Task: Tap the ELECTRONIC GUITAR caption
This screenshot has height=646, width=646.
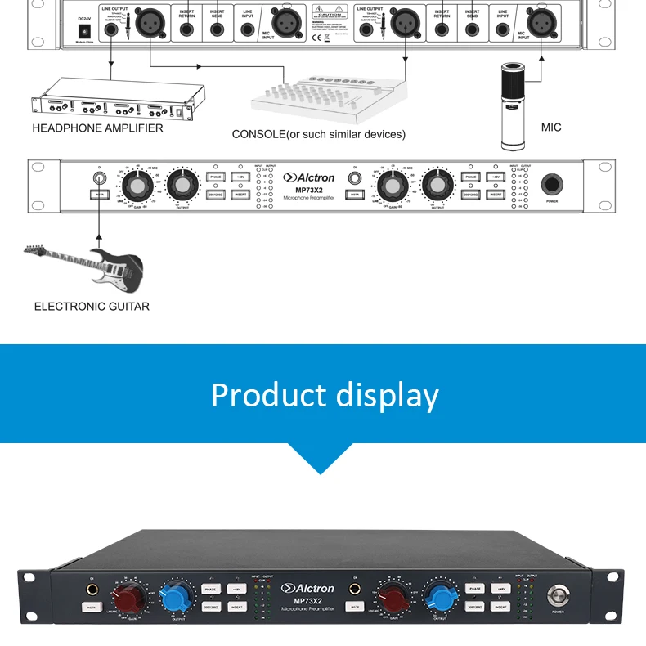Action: pos(92,307)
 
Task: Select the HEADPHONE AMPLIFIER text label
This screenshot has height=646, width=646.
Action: pos(97,128)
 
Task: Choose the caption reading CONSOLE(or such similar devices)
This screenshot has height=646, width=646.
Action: pos(318,134)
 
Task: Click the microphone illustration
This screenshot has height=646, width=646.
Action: pos(517,107)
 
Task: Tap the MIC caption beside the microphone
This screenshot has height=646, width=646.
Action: pos(551,128)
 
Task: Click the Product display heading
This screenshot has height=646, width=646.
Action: pos(325,395)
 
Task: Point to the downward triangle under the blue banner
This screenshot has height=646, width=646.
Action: pos(322,458)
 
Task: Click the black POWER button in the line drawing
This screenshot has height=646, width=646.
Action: pos(551,184)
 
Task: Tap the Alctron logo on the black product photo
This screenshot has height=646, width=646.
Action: pos(308,588)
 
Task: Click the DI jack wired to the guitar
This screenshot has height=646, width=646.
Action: pos(100,177)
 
